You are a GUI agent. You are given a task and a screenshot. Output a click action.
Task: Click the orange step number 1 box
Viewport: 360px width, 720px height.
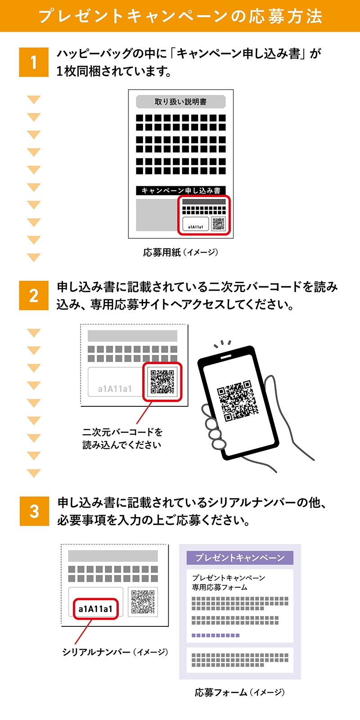coord(34,62)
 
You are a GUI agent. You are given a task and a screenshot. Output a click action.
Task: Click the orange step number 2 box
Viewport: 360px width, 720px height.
coord(34,296)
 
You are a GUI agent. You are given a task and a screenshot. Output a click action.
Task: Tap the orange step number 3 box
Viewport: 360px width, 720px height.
coord(34,511)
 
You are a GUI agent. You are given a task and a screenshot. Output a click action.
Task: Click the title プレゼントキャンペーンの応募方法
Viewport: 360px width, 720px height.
coord(180,16)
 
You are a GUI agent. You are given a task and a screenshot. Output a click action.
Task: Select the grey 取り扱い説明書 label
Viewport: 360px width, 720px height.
coord(180,102)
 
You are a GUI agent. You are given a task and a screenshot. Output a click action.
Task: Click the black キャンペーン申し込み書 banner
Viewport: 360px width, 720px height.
coord(180,190)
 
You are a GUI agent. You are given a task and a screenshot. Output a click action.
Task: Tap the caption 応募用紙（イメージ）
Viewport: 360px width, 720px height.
coord(180,252)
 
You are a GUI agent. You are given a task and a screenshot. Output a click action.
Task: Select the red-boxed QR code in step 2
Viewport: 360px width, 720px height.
coord(162,382)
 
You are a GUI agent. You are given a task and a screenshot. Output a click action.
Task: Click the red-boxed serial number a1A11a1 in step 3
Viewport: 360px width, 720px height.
coord(95,609)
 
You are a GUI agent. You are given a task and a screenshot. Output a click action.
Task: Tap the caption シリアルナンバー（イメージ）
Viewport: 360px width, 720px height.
coord(115,652)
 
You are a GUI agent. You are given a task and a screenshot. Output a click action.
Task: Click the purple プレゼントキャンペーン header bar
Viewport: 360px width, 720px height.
coord(240,558)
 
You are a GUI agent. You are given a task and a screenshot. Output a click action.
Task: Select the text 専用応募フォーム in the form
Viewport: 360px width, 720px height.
coord(220,587)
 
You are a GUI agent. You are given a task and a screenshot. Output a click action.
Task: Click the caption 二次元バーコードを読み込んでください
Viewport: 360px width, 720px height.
coord(122,438)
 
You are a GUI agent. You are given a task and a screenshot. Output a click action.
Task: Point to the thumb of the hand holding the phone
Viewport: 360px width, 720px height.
coord(271,387)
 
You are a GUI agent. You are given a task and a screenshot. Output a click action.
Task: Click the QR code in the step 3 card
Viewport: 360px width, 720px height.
coord(143,602)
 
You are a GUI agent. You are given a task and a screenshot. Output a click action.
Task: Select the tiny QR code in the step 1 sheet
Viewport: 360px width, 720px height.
coord(218,224)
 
